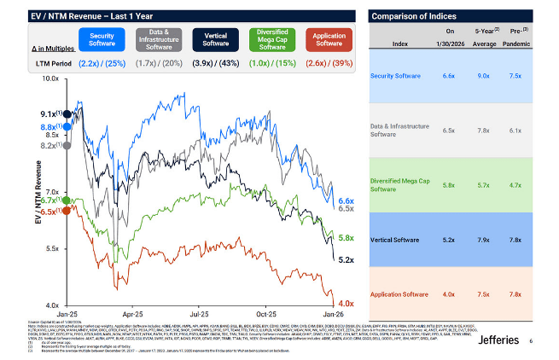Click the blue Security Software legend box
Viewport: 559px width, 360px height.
pyautogui.click(x=102, y=39)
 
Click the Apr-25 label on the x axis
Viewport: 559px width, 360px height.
pyautogui.click(x=132, y=313)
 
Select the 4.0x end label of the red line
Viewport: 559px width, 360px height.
pyautogui.click(x=346, y=303)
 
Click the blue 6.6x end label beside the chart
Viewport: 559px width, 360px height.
pyautogui.click(x=346, y=200)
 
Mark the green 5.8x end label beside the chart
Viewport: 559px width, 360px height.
pyautogui.click(x=346, y=238)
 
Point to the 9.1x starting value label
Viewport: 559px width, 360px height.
pyautogui.click(x=48, y=113)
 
